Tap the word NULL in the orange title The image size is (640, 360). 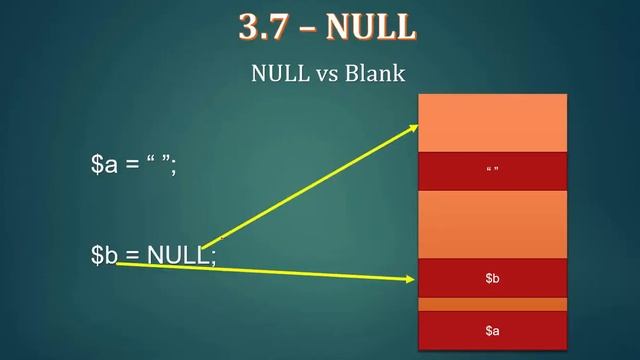(x=370, y=27)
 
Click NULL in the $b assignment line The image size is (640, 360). (x=178, y=255)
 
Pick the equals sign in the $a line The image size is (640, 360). (x=133, y=166)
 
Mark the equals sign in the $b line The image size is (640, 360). (x=133, y=256)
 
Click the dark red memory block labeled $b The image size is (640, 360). (x=491, y=277)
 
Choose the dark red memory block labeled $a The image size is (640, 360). (x=491, y=329)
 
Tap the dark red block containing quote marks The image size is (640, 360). (x=491, y=170)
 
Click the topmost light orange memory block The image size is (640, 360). (x=491, y=122)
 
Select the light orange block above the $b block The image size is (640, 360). (x=491, y=223)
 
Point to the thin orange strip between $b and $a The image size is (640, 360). (x=491, y=303)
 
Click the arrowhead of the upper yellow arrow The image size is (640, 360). (x=413, y=127)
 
